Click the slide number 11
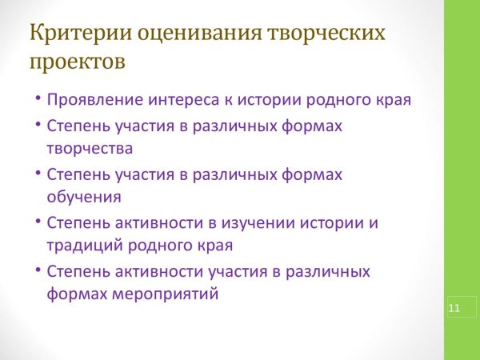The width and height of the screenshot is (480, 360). pyautogui.click(x=455, y=308)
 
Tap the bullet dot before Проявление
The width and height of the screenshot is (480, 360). pyautogui.click(x=37, y=101)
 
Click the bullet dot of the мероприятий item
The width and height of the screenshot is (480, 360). pyautogui.click(x=37, y=270)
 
